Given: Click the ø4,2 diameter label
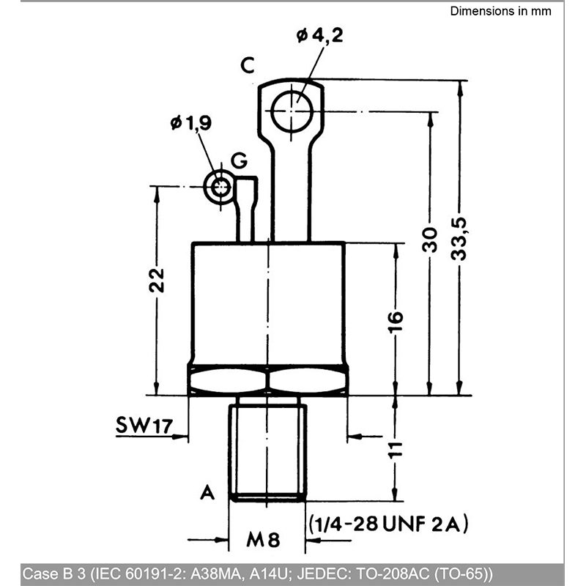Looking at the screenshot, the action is [319, 36].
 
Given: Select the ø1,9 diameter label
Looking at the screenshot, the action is [191, 122].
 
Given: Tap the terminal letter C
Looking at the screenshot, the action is [248, 65].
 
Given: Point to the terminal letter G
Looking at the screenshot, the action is [239, 160].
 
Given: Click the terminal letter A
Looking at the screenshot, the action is [207, 492].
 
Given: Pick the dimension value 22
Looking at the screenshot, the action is [156, 280].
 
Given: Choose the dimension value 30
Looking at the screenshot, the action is [429, 240].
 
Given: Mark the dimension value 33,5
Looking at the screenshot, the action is [459, 239].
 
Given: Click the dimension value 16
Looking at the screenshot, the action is [396, 321].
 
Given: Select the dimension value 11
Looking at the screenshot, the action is [396, 450].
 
